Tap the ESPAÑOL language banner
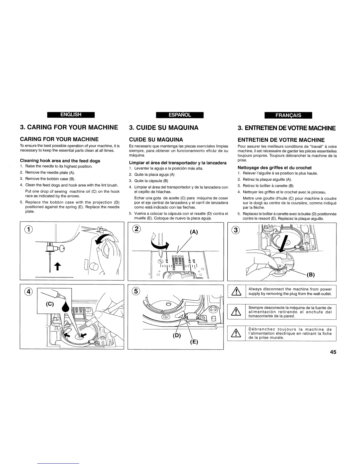pos(180,115)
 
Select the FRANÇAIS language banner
pos(288,115)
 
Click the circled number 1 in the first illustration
pos(26,230)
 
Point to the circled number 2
pos(136,229)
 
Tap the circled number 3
pos(235,230)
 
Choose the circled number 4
pos(28,291)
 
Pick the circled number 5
pos(136,291)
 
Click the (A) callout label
pos(194,232)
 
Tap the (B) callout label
pos(311,275)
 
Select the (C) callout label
pos(49,304)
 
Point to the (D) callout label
pos(176,336)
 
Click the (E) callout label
pos(194,342)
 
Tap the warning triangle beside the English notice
pos(237,292)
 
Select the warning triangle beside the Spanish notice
pos(237,312)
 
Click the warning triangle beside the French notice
pos(237,333)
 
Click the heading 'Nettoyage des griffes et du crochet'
pos(274,168)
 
